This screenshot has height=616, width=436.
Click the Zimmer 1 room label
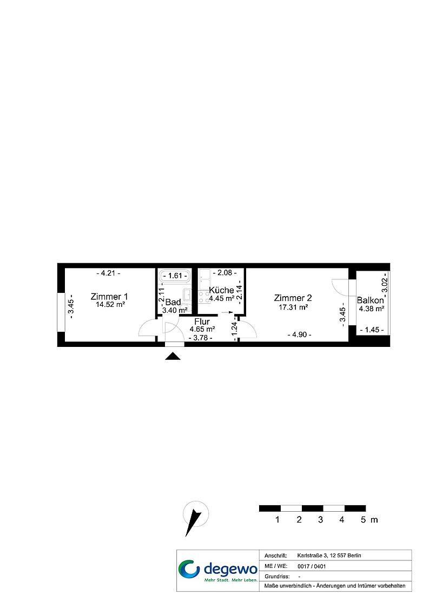pos(109,297)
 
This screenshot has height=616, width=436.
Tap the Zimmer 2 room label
pos(293,298)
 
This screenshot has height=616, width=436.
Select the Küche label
pos(221,290)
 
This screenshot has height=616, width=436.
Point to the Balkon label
pos(371,300)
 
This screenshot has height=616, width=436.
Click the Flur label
pos(202,322)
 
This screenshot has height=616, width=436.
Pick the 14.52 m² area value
pos(110,304)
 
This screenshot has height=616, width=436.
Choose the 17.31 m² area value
pos(293,307)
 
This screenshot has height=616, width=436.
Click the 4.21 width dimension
pos(109,273)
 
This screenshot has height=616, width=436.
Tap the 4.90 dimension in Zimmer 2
pos(299,334)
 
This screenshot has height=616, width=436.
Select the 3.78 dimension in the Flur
pos(201,338)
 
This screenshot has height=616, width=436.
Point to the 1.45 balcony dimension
pos(372,330)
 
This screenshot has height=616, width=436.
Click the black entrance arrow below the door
pos(173,356)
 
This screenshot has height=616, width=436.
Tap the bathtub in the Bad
pos(175,276)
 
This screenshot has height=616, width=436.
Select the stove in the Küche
pos(203,297)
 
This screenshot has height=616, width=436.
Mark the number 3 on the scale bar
pos(320,520)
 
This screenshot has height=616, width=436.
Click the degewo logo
pos(218,571)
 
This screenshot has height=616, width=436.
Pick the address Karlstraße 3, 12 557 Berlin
pos(329,555)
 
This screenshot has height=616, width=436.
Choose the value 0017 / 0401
pos(312,566)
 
